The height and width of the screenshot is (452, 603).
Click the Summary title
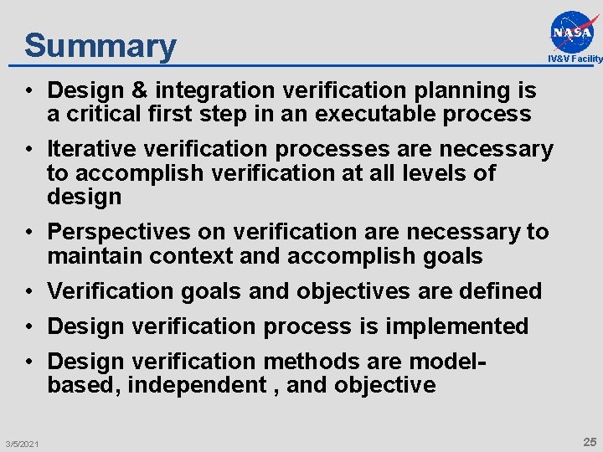(100, 45)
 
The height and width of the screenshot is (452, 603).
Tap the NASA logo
(575, 32)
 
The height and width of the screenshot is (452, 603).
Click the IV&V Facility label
(575, 59)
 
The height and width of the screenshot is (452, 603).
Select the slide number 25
(590, 441)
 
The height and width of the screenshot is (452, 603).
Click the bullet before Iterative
(29, 150)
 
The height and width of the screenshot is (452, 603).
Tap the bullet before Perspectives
(29, 232)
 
